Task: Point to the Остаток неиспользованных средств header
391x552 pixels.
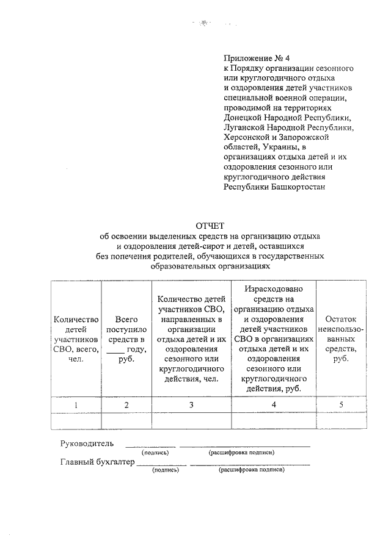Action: point(340,339)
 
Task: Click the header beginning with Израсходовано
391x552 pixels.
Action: point(274,339)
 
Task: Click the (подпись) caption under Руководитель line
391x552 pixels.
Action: point(155,453)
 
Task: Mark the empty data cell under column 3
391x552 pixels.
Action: point(191,421)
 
